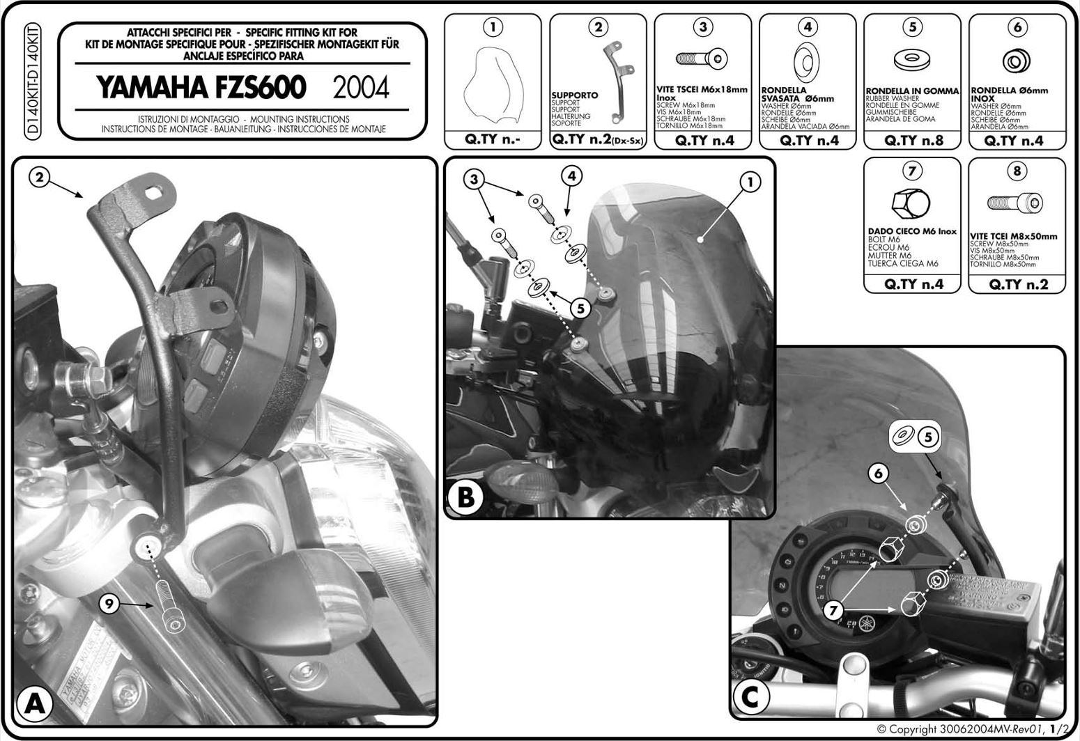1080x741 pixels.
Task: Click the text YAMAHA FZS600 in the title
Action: click(201, 88)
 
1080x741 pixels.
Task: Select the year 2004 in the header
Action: click(361, 88)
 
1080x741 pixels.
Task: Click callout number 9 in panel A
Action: click(107, 604)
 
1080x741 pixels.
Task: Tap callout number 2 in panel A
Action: click(40, 178)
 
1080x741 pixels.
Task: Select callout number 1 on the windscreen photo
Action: click(750, 182)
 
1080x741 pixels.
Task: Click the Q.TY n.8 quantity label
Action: click(911, 140)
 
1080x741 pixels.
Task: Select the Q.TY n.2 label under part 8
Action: click(1017, 284)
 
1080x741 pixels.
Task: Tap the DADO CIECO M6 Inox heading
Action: click(912, 231)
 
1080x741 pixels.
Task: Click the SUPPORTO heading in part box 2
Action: click(575, 95)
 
